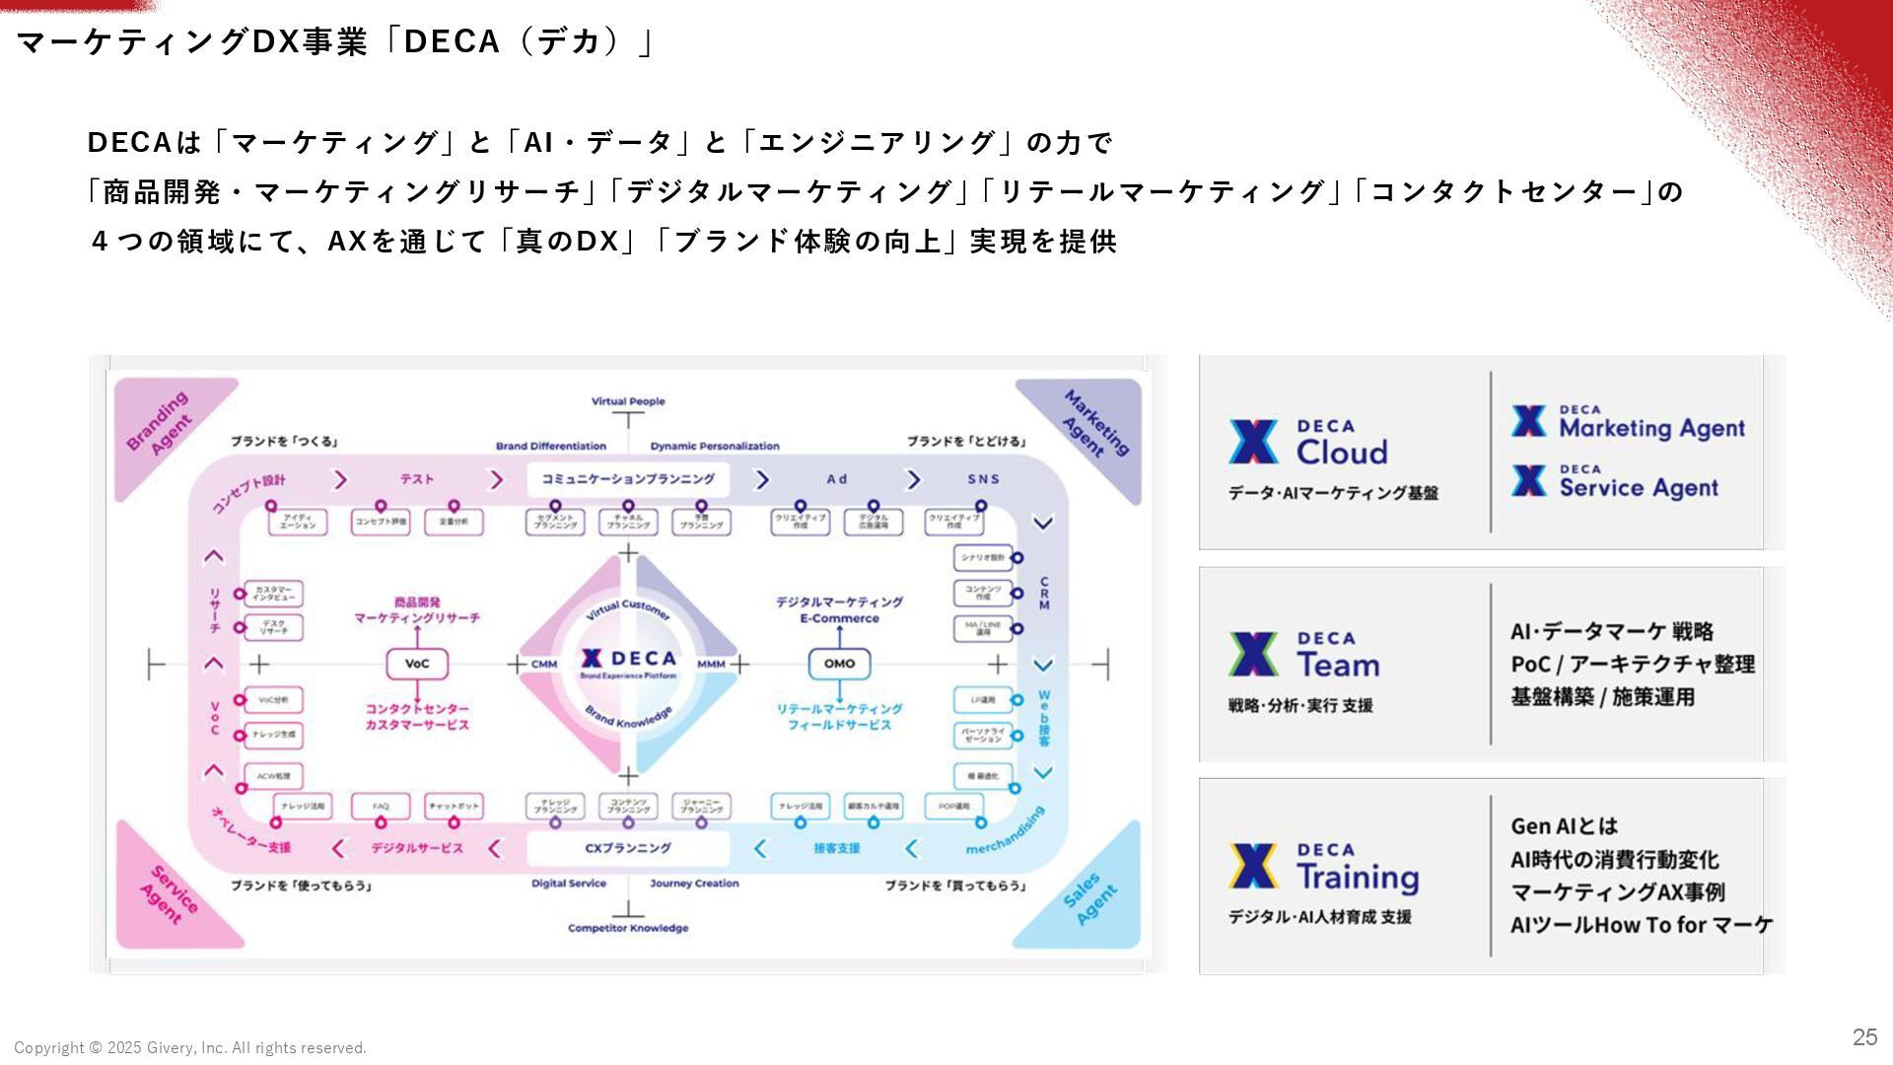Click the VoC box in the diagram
(x=417, y=664)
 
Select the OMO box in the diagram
(x=839, y=664)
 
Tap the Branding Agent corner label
(x=159, y=422)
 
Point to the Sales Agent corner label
(x=1091, y=899)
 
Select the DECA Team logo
(x=1303, y=656)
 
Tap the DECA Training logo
(x=1323, y=867)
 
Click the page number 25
(x=1864, y=1036)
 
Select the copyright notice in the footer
(x=190, y=1048)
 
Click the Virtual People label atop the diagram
(x=628, y=401)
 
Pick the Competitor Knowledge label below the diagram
(x=628, y=928)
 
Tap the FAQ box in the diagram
(x=381, y=807)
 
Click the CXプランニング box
(x=628, y=848)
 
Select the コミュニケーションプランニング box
(x=628, y=479)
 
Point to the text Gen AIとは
(x=1564, y=826)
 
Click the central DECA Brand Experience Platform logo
(x=628, y=663)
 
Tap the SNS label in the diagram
(x=983, y=479)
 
